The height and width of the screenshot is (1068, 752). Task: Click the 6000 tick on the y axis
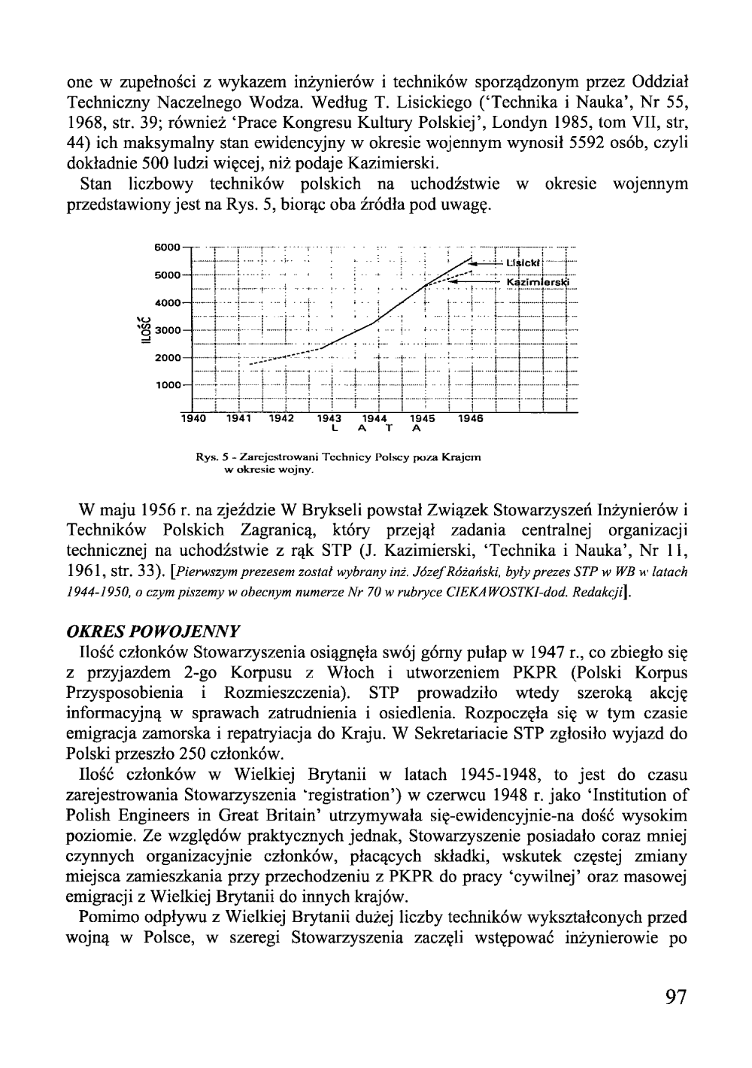click(168, 247)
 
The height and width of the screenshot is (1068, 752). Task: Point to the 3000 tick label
click(168, 330)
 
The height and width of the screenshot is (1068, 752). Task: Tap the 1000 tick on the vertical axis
click(168, 385)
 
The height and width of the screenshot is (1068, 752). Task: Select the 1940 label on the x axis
click(194, 419)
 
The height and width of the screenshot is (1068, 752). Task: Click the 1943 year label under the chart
click(330, 419)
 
